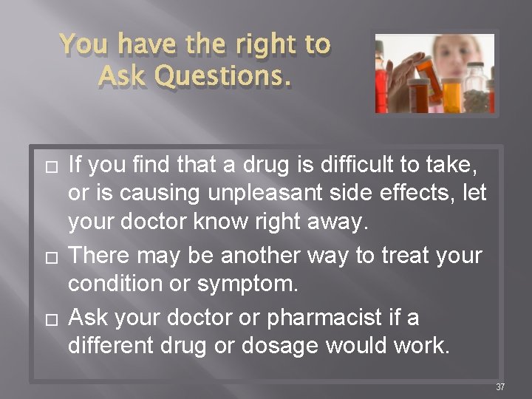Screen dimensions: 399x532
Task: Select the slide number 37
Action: [499, 386]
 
